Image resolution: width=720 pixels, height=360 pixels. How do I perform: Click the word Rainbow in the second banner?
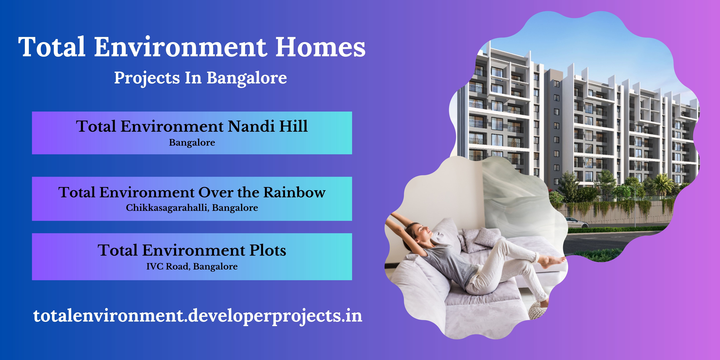click(x=295, y=192)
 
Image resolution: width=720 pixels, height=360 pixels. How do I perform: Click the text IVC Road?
click(x=168, y=266)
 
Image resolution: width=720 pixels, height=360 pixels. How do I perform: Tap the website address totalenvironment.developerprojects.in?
click(x=198, y=316)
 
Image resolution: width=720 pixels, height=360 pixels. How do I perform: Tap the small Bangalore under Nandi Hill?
click(x=192, y=142)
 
